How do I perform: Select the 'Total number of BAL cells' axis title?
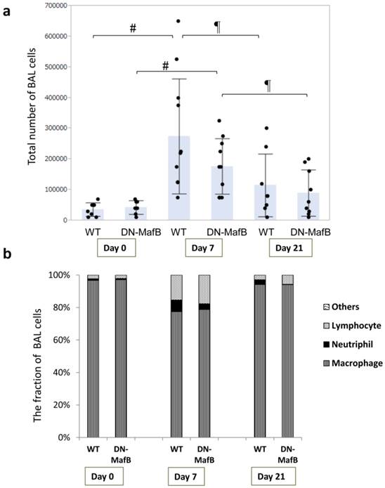32,112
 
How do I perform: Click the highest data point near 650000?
178,21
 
